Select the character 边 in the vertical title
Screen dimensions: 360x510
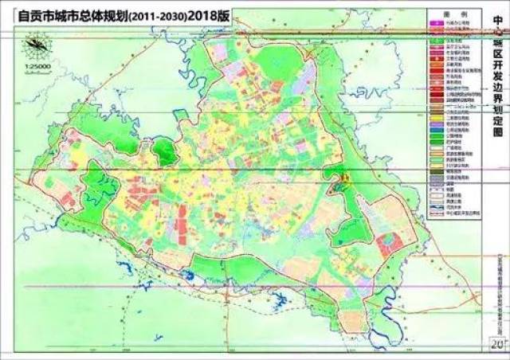pyautogui.click(x=500, y=93)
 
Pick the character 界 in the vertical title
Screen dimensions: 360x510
pyautogui.click(x=500, y=107)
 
